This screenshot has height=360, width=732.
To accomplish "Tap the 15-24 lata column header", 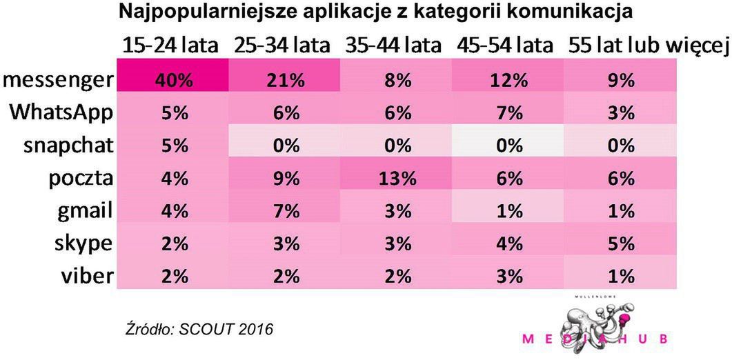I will pyautogui.click(x=170, y=46).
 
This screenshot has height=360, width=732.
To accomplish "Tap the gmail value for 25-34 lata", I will pyautogui.click(x=284, y=211).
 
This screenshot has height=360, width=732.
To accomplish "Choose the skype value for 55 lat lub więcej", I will pyautogui.click(x=621, y=243).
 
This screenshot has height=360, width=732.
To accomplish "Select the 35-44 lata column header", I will pyautogui.click(x=392, y=46).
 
